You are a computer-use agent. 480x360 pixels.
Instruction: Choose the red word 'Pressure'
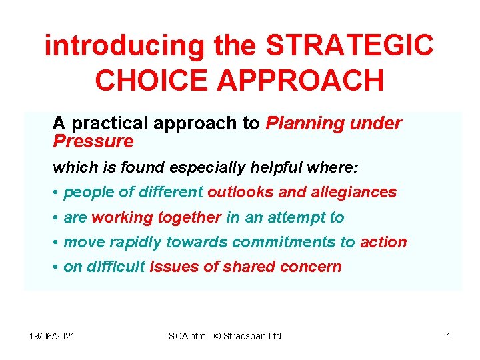93,141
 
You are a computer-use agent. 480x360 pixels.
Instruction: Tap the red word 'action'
383,242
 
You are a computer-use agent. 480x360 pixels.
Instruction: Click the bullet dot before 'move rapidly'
56,243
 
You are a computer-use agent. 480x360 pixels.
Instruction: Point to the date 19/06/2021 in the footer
52,336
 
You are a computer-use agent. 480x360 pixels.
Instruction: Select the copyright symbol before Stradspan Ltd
217,336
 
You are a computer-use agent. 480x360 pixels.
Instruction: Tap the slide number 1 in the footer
449,336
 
